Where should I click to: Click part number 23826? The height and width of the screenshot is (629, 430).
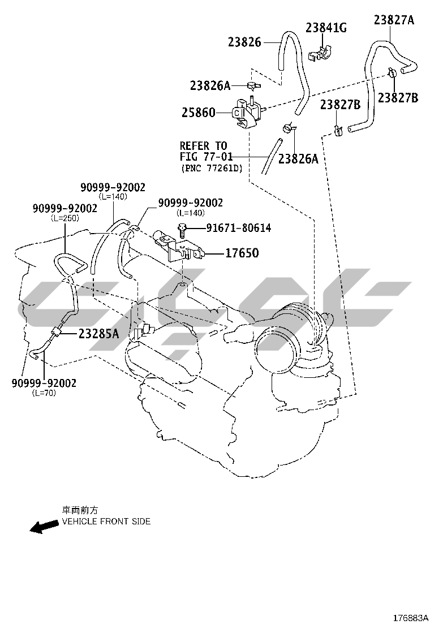(x=244, y=42)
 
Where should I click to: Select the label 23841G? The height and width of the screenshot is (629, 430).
(x=326, y=27)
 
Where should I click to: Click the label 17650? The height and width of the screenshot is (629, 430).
(x=242, y=253)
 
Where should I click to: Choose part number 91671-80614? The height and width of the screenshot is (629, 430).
(x=230, y=228)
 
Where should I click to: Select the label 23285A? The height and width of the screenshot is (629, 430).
(x=98, y=334)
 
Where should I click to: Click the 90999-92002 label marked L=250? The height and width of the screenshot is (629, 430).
(x=64, y=209)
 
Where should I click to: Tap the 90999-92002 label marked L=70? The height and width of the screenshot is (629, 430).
(x=44, y=383)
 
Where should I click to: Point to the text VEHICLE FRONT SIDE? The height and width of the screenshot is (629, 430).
(x=106, y=522)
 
